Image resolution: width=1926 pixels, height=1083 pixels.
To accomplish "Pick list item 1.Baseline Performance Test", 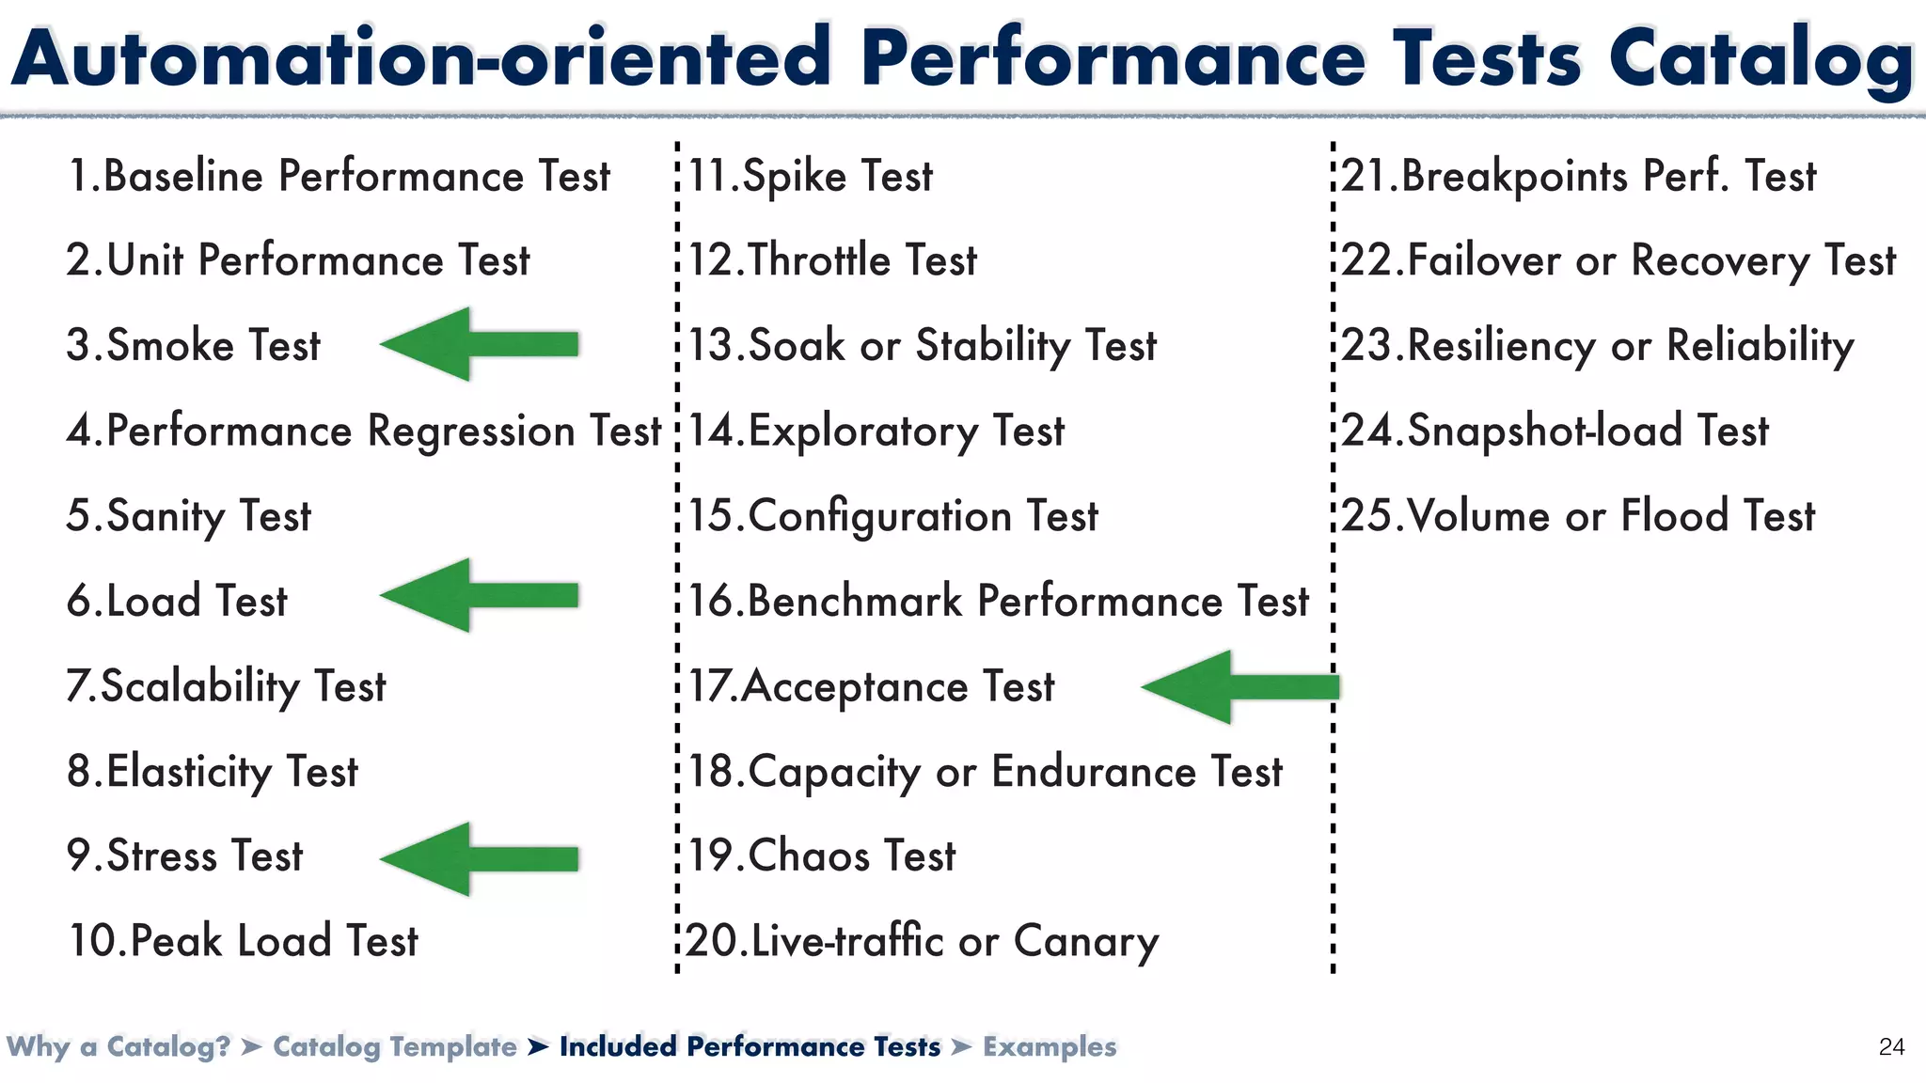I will pyautogui.click(x=339, y=177).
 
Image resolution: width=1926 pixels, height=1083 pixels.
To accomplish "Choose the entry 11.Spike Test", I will pyautogui.click(x=810, y=177).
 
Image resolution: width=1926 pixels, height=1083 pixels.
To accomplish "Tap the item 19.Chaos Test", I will pyautogui.click(x=821, y=856).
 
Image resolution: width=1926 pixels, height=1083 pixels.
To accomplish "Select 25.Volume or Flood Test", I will pyautogui.click(x=1577, y=516).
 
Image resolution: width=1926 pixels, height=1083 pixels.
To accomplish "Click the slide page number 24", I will pyautogui.click(x=1891, y=1047).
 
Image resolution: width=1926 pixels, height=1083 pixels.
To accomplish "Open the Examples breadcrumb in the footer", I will pyautogui.click(x=1050, y=1047).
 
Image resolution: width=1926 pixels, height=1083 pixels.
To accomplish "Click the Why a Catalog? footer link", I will pyautogui.click(x=118, y=1047).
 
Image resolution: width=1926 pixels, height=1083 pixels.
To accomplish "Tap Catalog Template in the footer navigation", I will pyautogui.click(x=395, y=1047).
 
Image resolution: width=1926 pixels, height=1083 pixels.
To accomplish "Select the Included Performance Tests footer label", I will pyautogui.click(x=750, y=1047).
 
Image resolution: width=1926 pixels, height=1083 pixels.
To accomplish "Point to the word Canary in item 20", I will pyautogui.click(x=1085, y=942).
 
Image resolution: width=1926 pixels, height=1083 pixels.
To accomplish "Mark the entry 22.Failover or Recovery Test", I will pyautogui.click(x=1618, y=261).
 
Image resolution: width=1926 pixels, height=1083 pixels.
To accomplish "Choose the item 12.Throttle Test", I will pyautogui.click(x=832, y=261).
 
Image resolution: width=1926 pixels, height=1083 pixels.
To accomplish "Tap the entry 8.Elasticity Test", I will pyautogui.click(x=213, y=772).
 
